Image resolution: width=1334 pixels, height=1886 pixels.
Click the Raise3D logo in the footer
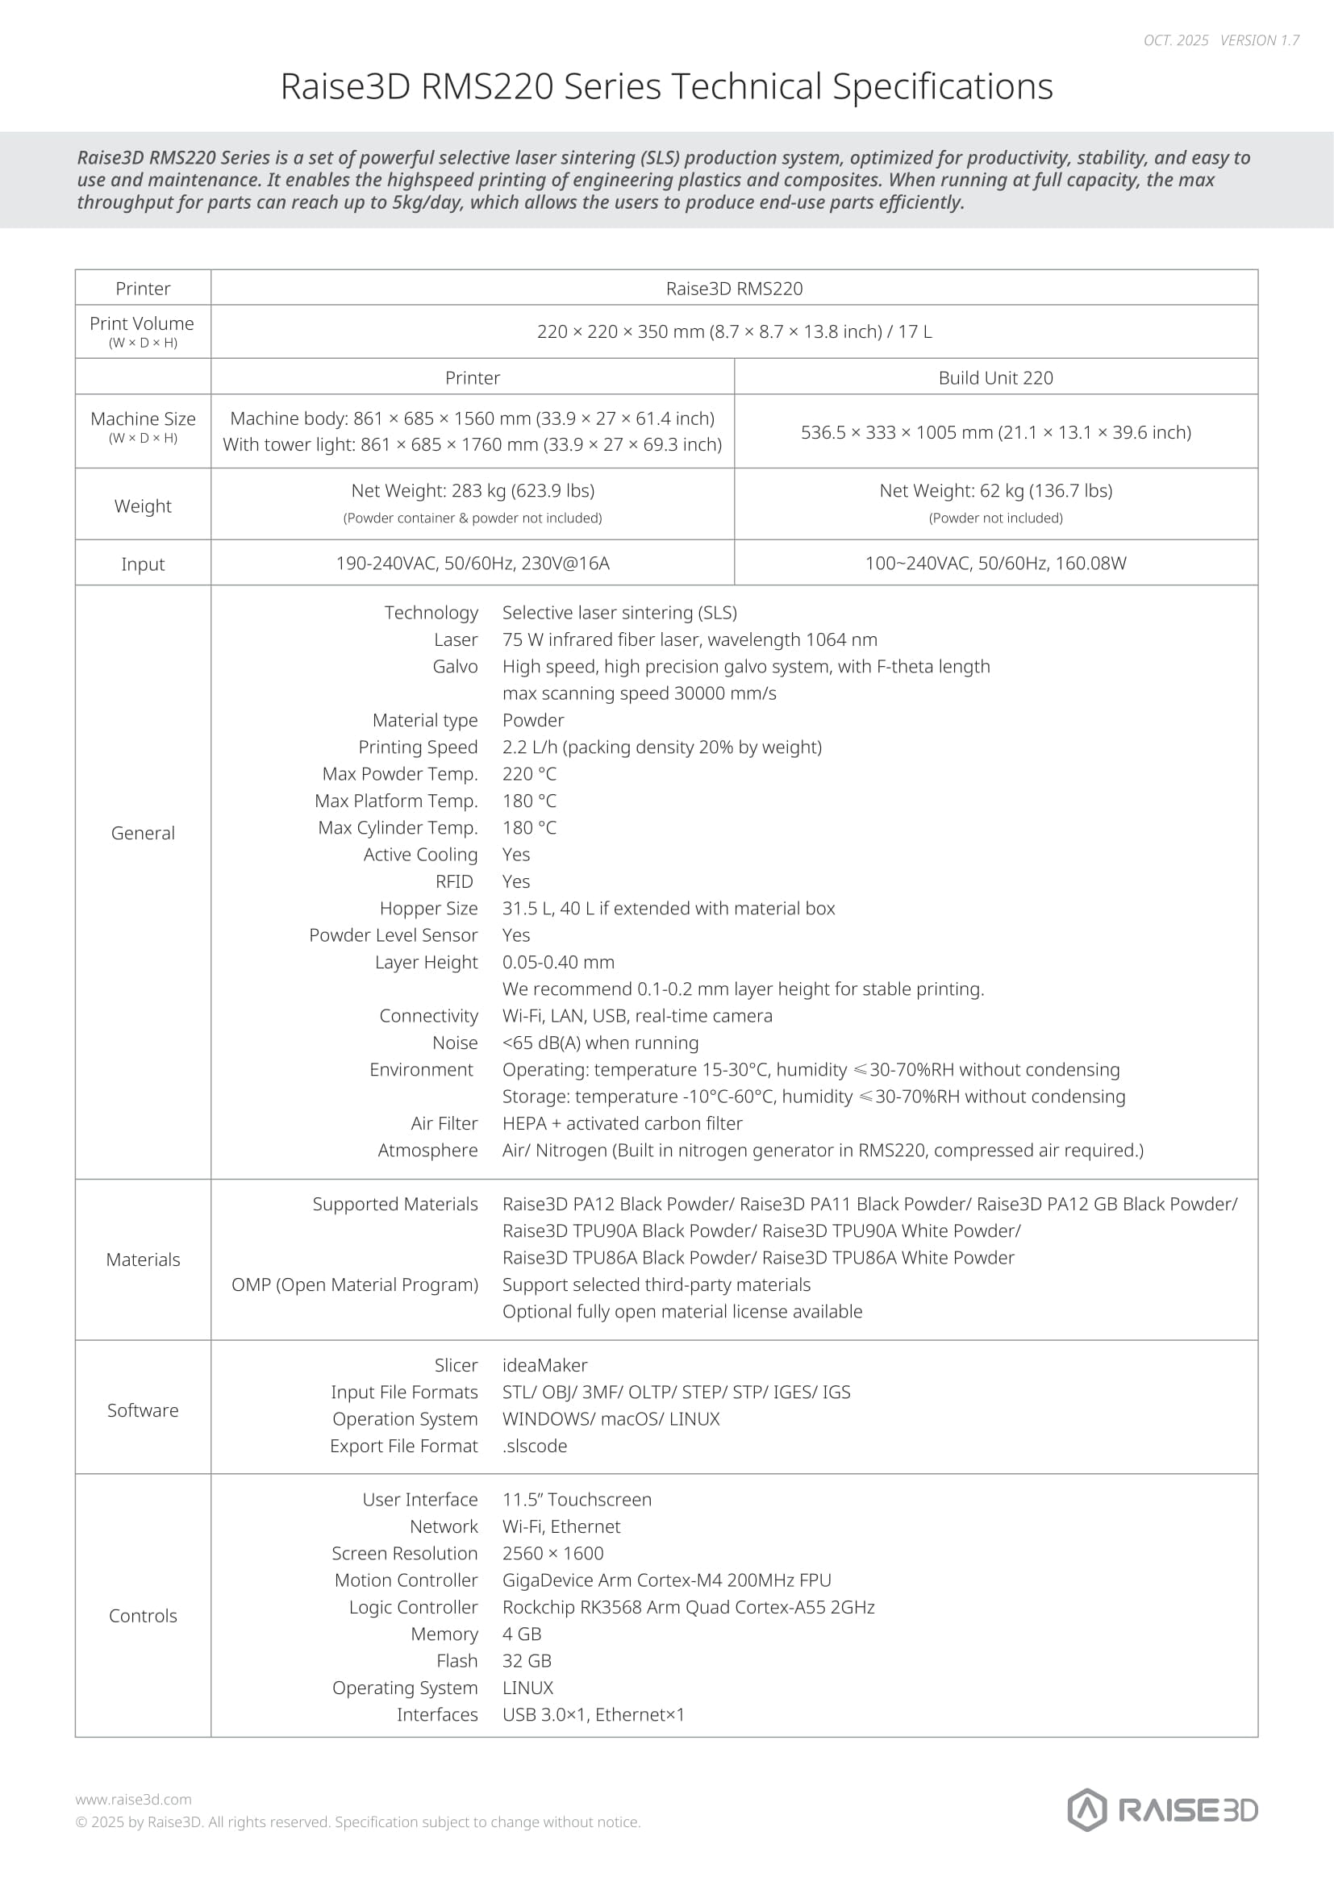tap(1161, 1809)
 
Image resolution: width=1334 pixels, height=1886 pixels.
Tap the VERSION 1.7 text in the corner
tap(1259, 40)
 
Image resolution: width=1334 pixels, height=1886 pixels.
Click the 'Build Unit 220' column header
tap(995, 378)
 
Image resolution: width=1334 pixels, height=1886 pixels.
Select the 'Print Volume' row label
tap(142, 323)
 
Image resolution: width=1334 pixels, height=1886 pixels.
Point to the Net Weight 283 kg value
tap(473, 490)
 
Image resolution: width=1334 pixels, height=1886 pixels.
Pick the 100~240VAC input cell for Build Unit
tap(995, 564)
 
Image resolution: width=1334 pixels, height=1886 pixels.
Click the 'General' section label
tap(143, 833)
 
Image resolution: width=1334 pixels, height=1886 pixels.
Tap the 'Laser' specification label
tap(456, 640)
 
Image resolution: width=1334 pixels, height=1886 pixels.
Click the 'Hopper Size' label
tap(428, 909)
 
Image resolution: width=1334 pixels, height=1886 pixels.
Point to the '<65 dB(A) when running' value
tap(601, 1043)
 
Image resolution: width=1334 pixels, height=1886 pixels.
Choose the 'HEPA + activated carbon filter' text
tap(622, 1124)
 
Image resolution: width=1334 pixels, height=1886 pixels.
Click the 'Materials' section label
tap(143, 1260)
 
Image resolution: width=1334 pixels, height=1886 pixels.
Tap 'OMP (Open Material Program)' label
tap(355, 1284)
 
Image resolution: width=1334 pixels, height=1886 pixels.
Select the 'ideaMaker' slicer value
tap(544, 1365)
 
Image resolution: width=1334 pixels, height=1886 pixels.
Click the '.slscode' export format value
tap(535, 1446)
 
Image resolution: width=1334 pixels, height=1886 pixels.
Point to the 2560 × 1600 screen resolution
tap(552, 1553)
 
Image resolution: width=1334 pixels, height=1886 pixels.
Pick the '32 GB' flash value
tap(527, 1661)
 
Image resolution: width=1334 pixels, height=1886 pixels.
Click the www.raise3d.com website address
tap(133, 1800)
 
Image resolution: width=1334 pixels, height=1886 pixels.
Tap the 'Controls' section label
tap(143, 1616)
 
